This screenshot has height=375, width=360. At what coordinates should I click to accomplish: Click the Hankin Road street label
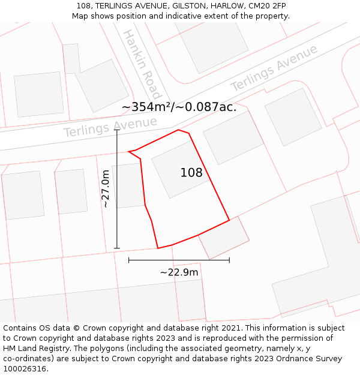pos(142,64)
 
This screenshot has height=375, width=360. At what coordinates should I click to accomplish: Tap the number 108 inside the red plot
pos(191,173)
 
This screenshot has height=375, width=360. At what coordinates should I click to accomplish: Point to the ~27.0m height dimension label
pos(106,188)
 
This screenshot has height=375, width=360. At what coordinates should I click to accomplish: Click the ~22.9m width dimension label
pos(179,272)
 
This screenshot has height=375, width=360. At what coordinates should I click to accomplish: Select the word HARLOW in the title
pos(225,6)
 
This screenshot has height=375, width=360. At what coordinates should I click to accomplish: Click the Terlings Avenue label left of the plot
pos(110,127)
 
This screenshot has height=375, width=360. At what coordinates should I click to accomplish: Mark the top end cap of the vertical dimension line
pos(117,130)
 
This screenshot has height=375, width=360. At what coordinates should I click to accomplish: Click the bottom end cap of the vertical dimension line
pos(117,248)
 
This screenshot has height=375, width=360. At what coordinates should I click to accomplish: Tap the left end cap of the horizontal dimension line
pos(129,260)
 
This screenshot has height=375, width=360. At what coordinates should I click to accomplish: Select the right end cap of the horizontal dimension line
pos(229,260)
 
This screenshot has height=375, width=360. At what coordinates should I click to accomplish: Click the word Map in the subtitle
pos(80,16)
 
